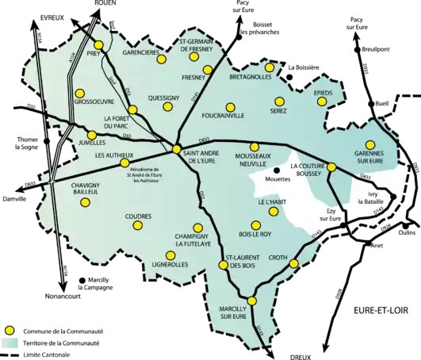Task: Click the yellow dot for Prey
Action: tap(98, 45)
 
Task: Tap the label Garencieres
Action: tap(143, 54)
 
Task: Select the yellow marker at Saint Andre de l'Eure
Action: tap(176, 148)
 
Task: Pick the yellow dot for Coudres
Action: tap(136, 225)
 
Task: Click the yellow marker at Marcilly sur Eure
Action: tap(252, 301)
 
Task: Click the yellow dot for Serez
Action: tap(278, 101)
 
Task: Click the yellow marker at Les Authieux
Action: tap(124, 163)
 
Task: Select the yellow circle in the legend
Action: tap(10, 328)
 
